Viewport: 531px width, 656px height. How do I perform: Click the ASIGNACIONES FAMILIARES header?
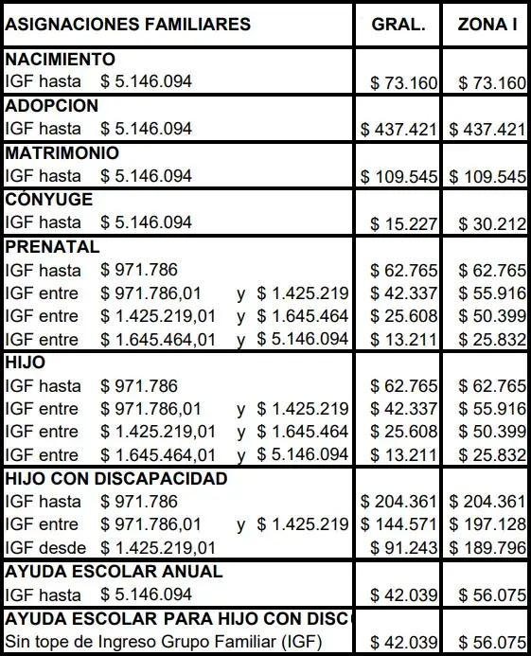pyautogui.click(x=128, y=25)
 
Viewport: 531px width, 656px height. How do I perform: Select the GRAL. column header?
pyautogui.click(x=398, y=25)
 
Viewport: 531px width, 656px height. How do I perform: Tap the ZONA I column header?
pyautogui.click(x=487, y=25)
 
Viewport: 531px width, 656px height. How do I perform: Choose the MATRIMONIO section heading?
pyautogui.click(x=62, y=152)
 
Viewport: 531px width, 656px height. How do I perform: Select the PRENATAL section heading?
pyautogui.click(x=52, y=247)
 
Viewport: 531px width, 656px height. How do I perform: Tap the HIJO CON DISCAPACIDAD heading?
pyautogui.click(x=116, y=479)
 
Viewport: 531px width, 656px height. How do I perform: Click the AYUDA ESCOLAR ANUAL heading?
pyautogui.click(x=115, y=572)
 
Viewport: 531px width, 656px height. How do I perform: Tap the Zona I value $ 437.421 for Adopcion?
pyautogui.click(x=487, y=130)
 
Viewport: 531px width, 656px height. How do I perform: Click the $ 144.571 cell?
pyautogui.click(x=398, y=524)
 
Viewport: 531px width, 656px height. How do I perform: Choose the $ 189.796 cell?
pyautogui.click(x=487, y=548)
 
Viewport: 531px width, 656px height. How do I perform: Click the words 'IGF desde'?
pyautogui.click(x=45, y=547)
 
